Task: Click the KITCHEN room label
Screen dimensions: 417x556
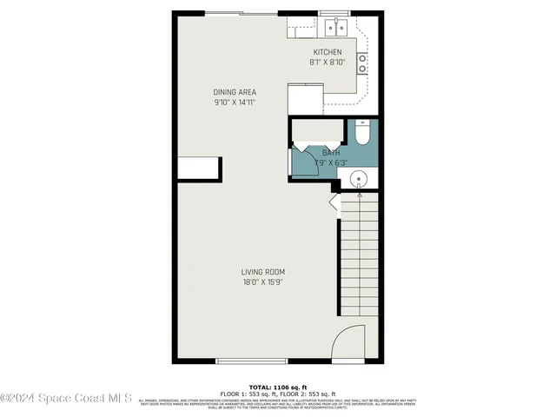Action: [x=327, y=52]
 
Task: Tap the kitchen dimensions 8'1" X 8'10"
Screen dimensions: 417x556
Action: [x=327, y=63]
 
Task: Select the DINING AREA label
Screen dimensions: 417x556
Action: [x=235, y=92]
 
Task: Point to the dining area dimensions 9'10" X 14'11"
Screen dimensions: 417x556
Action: [x=235, y=103]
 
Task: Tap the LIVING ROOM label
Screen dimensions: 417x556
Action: [x=263, y=272]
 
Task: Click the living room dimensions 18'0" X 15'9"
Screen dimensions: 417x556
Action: [x=263, y=282]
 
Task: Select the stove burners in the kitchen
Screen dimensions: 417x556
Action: [x=362, y=63]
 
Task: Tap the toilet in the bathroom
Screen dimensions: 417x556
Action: [x=363, y=132]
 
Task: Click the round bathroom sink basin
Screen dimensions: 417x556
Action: [x=359, y=180]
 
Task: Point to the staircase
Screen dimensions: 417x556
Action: [x=358, y=256]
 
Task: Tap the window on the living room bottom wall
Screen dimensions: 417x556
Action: [x=251, y=361]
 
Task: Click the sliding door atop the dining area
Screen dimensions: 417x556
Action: [x=242, y=12]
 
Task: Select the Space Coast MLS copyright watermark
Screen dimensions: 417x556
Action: [x=66, y=399]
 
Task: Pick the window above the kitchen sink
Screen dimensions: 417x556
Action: [x=334, y=13]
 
